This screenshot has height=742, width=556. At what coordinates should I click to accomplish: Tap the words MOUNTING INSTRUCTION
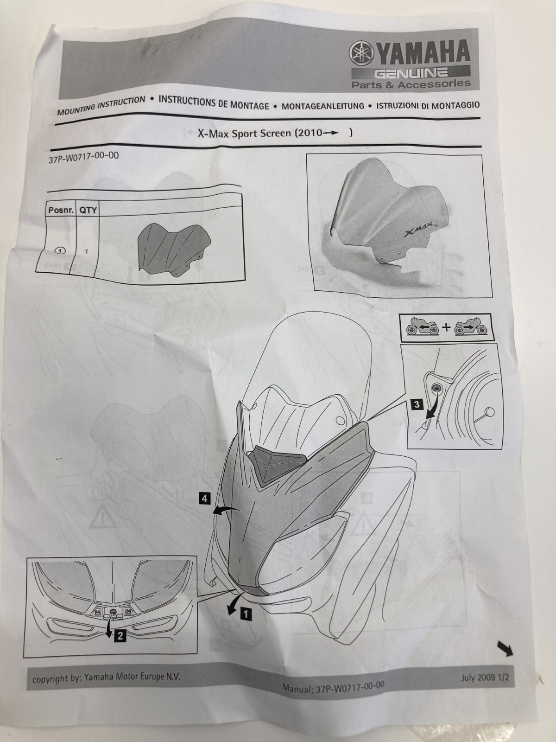click(x=101, y=105)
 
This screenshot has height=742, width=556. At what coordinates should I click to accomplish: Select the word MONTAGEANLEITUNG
click(x=323, y=106)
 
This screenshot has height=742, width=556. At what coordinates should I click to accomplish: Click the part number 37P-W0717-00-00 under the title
click(x=84, y=158)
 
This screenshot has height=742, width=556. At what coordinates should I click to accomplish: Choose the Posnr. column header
click(x=61, y=210)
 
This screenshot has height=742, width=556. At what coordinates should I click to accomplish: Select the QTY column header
click(x=88, y=210)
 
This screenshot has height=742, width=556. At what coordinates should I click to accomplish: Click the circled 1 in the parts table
click(x=60, y=250)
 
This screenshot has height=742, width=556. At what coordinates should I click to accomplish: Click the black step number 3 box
click(x=417, y=404)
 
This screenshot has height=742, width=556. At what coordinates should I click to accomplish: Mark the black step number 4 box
click(x=205, y=498)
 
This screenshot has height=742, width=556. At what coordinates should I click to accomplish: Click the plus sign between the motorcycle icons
click(x=446, y=327)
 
